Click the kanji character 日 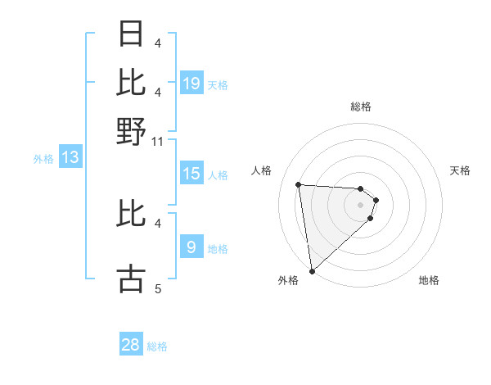132,34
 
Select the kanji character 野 132,131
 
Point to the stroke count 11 158,142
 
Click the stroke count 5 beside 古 158,288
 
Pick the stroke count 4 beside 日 158,43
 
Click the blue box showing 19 191,83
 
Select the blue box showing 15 191,174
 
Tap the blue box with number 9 191,247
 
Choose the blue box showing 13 70,158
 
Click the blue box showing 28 131,345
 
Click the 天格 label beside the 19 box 218,84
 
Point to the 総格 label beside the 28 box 157,346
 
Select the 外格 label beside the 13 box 43,160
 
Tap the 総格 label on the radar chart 361,106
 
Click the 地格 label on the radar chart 429,280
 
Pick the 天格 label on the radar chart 461,170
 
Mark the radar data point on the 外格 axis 312,270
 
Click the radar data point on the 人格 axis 299,184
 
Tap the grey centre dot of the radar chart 361,205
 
